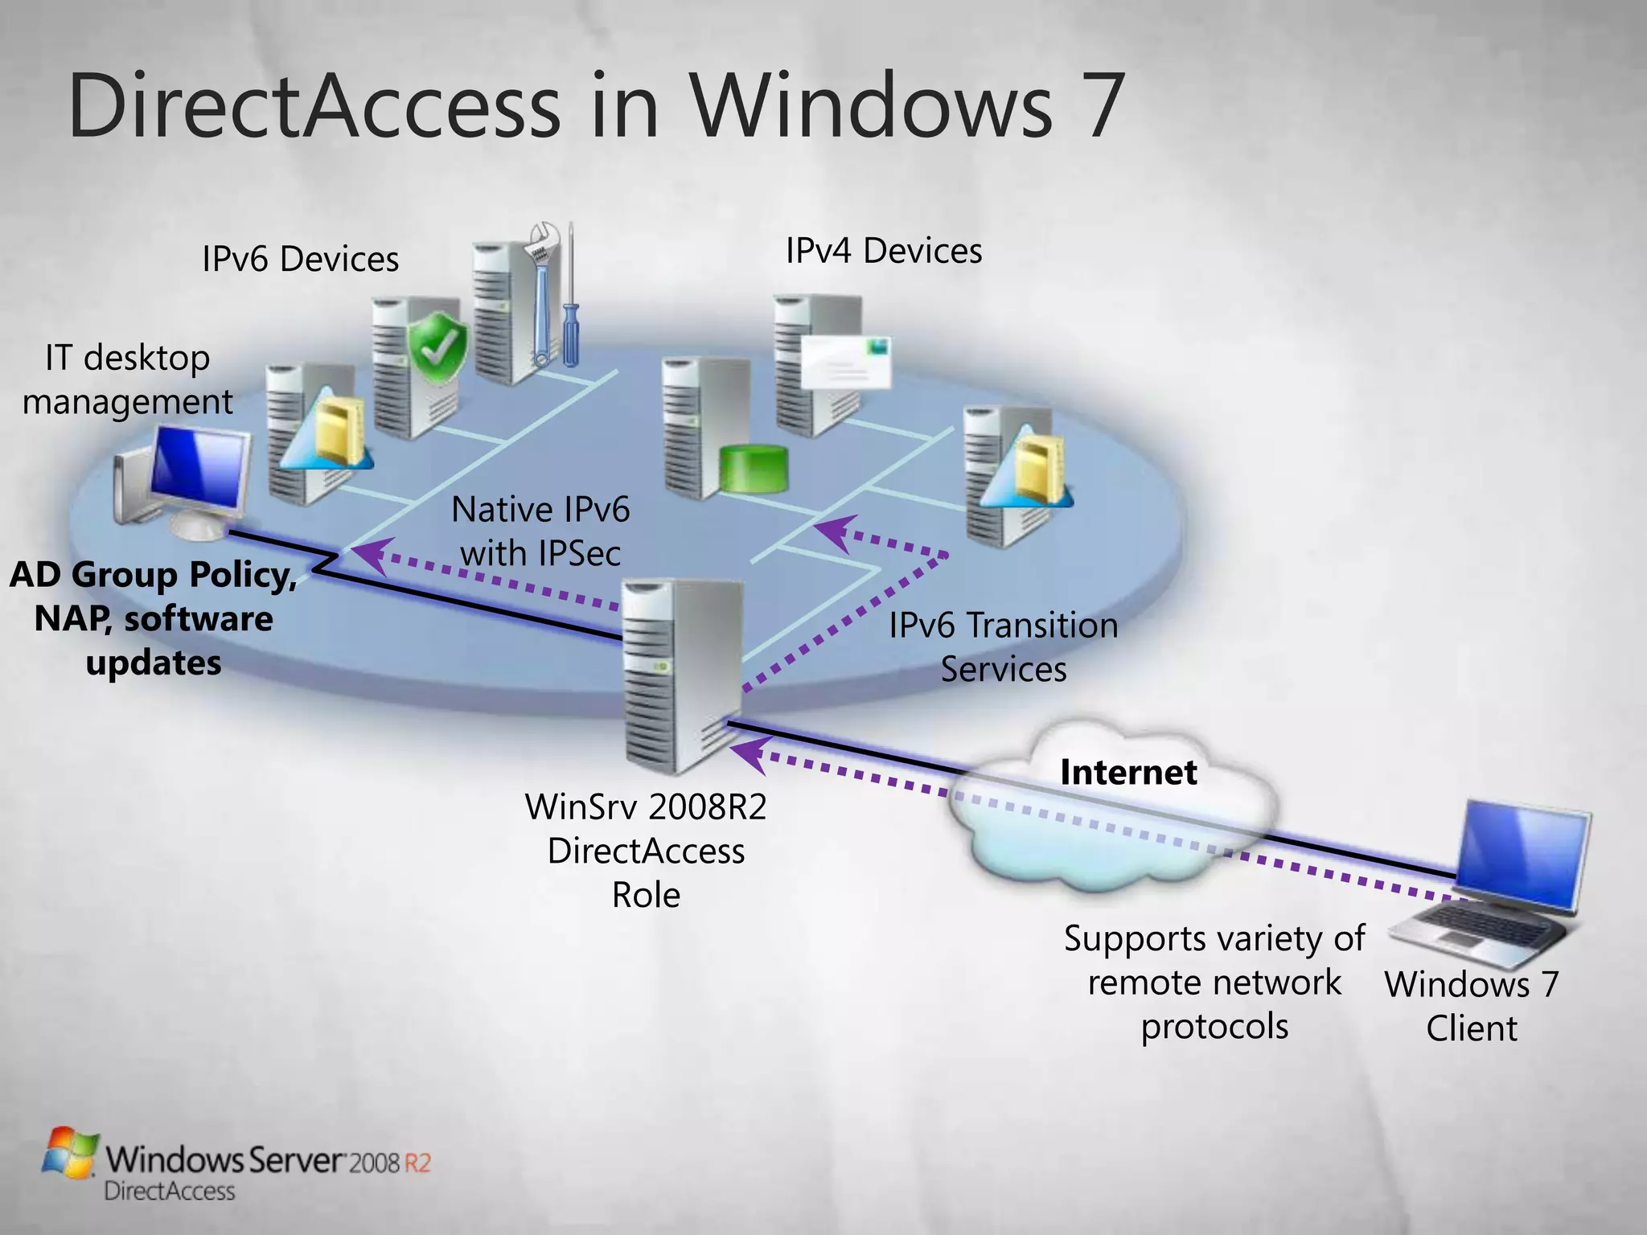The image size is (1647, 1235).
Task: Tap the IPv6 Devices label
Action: tap(300, 260)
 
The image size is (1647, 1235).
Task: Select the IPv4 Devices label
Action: tap(883, 252)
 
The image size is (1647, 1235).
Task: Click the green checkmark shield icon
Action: tap(437, 348)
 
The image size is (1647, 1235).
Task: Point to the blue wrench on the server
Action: tap(542, 297)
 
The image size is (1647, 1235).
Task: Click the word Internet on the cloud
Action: tap(1127, 773)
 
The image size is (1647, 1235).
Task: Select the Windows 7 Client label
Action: tap(1471, 1006)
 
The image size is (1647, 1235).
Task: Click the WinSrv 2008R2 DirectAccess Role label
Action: tap(646, 851)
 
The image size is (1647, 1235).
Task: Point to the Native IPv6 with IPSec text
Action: tap(540, 531)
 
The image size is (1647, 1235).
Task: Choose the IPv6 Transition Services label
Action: tap(1003, 647)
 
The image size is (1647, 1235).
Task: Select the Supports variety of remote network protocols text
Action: tap(1214, 983)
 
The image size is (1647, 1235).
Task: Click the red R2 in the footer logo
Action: tap(417, 1163)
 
